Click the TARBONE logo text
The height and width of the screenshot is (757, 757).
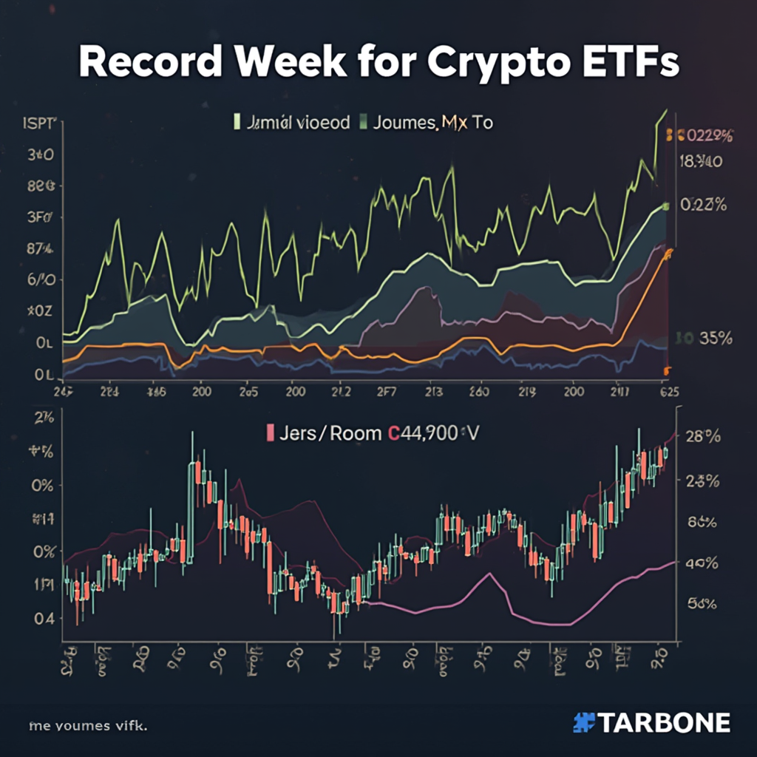664,722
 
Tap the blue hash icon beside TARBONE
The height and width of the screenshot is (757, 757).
584,722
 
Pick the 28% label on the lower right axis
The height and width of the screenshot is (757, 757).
702,436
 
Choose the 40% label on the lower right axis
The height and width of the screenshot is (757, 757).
702,563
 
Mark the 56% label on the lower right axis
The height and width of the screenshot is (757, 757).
702,603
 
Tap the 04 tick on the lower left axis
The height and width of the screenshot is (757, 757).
44,619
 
